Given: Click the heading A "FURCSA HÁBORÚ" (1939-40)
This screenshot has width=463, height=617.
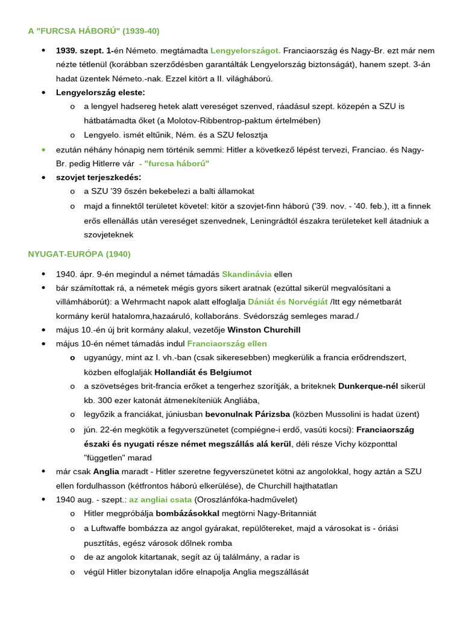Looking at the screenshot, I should pyautogui.click(x=93, y=31).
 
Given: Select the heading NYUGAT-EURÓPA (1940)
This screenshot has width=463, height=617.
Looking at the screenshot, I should pyautogui.click(x=79, y=254).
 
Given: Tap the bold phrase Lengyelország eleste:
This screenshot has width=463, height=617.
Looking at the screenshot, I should pyautogui.click(x=101, y=92).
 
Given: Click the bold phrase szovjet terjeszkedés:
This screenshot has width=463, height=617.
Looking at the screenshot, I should pyautogui.click(x=99, y=177).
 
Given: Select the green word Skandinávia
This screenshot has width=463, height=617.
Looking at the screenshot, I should pyautogui.click(x=247, y=274).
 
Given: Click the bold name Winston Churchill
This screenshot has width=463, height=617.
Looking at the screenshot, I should pyautogui.click(x=264, y=330).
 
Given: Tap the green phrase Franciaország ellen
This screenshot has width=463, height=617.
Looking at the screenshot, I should pyautogui.click(x=227, y=343).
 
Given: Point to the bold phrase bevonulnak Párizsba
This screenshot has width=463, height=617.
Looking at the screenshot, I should pyautogui.click(x=247, y=414).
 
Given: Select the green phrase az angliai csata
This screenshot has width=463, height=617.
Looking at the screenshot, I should pyautogui.click(x=160, y=500).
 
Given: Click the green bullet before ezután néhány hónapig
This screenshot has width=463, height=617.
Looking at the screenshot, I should pyautogui.click(x=43, y=149).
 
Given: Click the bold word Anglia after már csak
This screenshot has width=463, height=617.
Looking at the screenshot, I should pyautogui.click(x=106, y=471).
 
